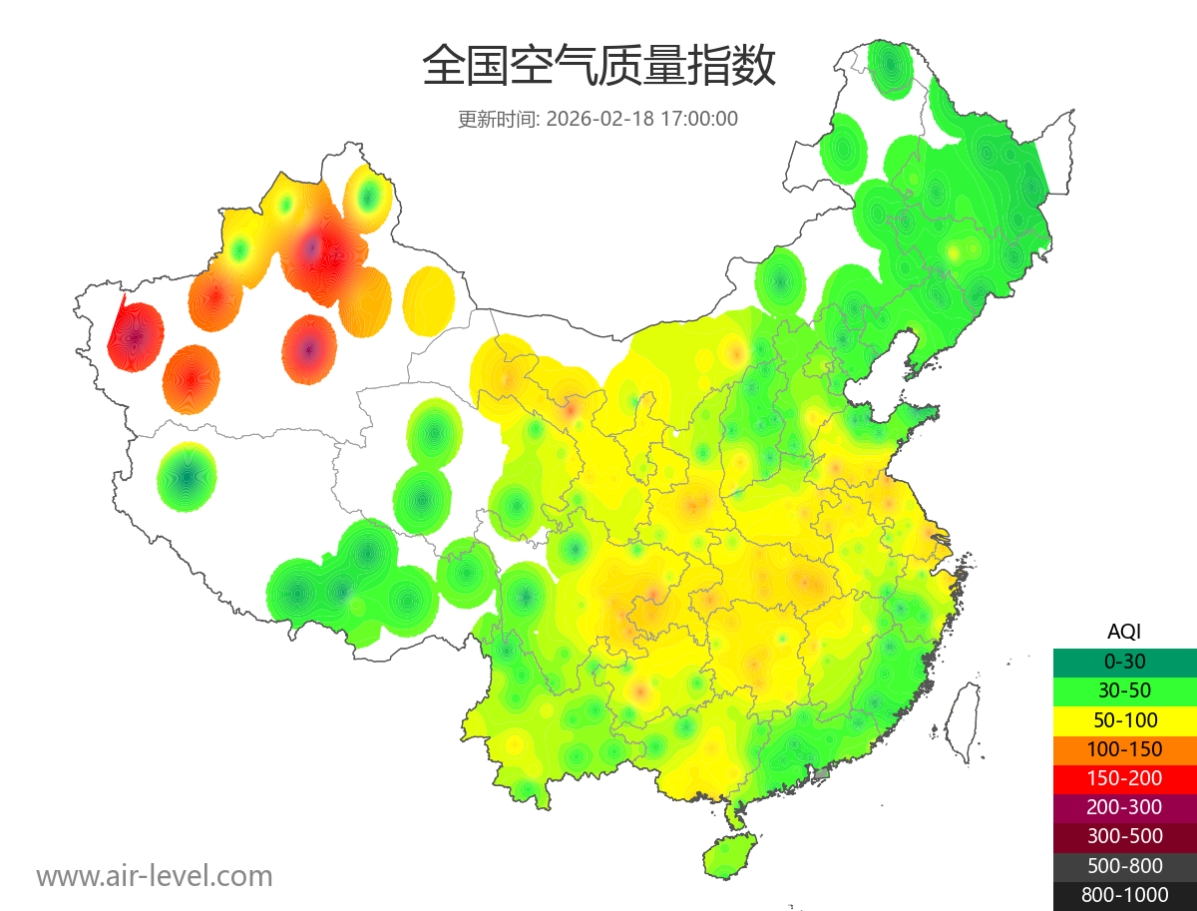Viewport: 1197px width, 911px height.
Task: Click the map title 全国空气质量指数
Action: tap(598, 67)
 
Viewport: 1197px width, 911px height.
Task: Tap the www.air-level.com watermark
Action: tap(155, 876)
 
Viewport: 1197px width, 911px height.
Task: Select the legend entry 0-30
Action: tap(1124, 661)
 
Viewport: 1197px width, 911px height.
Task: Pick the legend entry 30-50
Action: tap(1124, 689)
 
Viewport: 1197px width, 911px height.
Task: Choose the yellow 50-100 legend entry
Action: tap(1124, 719)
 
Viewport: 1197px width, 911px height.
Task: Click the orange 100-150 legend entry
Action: tap(1124, 748)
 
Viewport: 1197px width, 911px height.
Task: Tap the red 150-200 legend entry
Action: tap(1124, 778)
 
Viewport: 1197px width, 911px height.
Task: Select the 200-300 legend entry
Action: tap(1124, 807)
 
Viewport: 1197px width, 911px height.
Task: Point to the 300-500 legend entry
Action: tap(1124, 836)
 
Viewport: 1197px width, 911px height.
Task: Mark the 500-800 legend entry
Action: tap(1124, 866)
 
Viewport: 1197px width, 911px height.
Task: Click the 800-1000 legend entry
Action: tap(1124, 895)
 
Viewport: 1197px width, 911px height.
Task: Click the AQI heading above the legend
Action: tap(1124, 631)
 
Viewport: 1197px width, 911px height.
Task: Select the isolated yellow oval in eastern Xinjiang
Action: tap(429, 300)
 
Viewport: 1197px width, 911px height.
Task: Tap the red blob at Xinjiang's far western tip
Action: tap(135, 337)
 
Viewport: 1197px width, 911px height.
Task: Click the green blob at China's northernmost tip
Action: tap(889, 68)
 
